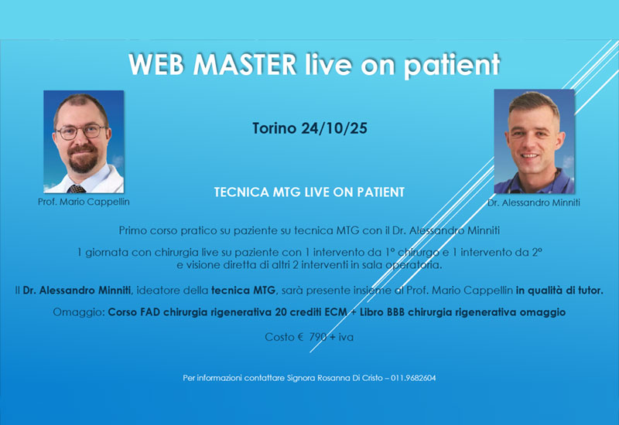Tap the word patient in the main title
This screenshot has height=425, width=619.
pyautogui.click(x=451, y=65)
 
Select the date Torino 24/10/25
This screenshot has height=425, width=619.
pyautogui.click(x=309, y=128)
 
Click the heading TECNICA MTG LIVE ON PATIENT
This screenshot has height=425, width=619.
pyautogui.click(x=309, y=191)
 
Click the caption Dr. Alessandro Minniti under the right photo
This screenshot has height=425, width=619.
pyautogui.click(x=534, y=203)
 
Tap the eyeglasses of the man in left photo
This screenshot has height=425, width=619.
pyautogui.click(x=80, y=131)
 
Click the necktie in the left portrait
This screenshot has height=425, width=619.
pyautogui.click(x=76, y=188)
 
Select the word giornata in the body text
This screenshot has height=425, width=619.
pyautogui.click(x=109, y=252)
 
